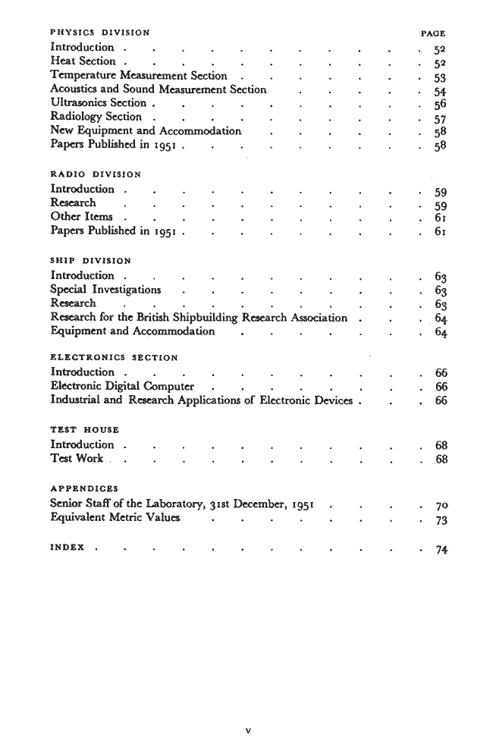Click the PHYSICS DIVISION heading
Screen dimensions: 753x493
(x=99, y=33)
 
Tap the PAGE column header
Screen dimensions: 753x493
(x=432, y=33)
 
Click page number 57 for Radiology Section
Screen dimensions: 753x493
(x=436, y=118)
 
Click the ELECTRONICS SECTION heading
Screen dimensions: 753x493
(x=113, y=356)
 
